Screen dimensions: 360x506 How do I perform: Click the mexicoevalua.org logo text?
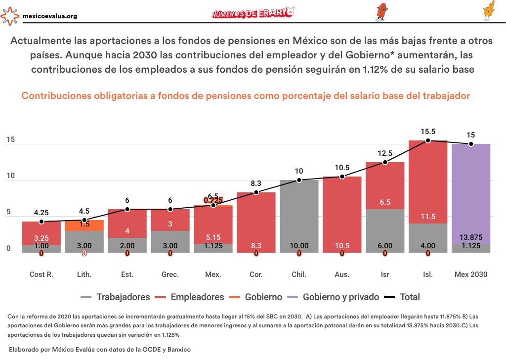pos(50,16)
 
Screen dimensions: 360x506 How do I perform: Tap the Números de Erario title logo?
pos(253,13)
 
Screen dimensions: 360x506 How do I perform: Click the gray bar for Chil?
pos(299,216)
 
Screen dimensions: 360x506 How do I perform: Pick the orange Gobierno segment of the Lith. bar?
pos(84,225)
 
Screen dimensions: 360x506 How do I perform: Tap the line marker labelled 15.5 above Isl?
pos(428,140)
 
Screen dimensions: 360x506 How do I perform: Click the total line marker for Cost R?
pos(42,222)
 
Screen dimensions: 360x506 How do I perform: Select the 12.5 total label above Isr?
pos(385,153)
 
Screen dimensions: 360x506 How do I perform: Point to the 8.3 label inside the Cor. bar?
pos(256,245)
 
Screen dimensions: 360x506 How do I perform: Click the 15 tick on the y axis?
pos(10,140)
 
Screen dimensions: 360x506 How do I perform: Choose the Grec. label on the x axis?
pos(170,274)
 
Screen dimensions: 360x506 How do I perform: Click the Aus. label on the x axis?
pos(342,274)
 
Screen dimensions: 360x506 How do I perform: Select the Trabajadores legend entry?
pos(115,297)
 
